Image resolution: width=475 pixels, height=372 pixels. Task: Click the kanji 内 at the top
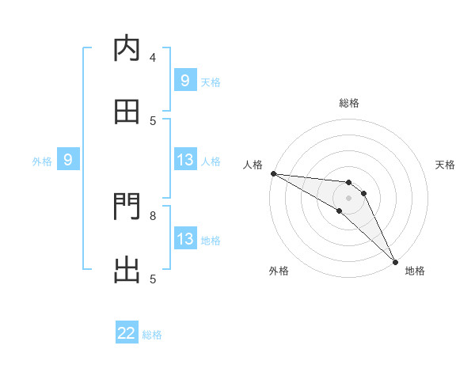[x=127, y=49]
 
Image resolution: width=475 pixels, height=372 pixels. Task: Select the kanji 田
[x=127, y=112]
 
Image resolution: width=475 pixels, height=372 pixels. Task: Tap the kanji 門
[x=127, y=207]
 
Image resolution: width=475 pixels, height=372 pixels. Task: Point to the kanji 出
[x=127, y=270]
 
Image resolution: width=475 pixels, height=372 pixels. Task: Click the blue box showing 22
[x=127, y=334]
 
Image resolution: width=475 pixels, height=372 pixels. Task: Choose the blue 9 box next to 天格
[x=185, y=81]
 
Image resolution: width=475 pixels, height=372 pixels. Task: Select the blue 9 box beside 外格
[x=68, y=161]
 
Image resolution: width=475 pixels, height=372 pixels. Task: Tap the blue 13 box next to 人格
[x=185, y=161]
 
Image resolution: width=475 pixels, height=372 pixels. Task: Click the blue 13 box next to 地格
[x=185, y=239]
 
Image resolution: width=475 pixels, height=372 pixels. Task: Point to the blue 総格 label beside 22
[x=153, y=335]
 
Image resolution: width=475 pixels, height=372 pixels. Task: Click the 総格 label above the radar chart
[x=348, y=103]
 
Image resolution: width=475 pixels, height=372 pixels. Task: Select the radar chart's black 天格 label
[x=446, y=165]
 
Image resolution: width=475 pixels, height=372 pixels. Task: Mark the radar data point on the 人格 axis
[x=273, y=173]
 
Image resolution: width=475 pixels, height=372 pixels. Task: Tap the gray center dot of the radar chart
[x=348, y=198]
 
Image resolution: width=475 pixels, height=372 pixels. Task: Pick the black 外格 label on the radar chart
[x=279, y=271]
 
